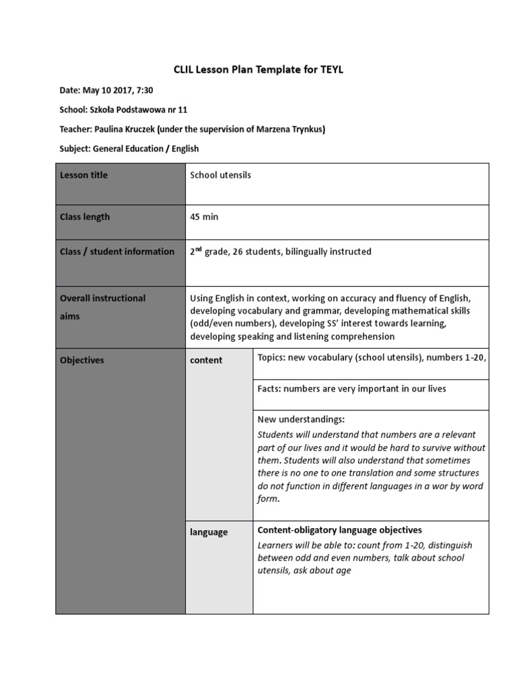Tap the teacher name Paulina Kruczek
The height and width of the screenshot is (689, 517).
point(125,129)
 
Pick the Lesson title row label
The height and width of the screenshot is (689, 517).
point(83,175)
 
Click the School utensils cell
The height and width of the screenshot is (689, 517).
point(220,175)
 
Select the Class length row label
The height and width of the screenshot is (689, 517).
point(85,217)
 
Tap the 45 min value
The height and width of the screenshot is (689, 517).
point(204,217)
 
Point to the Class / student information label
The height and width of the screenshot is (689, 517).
point(117,252)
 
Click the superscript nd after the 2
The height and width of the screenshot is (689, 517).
point(200,249)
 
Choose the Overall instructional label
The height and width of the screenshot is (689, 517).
point(102,298)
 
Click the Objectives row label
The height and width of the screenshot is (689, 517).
point(82,360)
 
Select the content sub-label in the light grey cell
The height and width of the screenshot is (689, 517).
point(206,360)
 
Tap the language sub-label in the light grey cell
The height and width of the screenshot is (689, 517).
point(209,532)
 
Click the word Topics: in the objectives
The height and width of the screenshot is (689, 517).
point(271,357)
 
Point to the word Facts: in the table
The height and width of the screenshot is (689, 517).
point(269,388)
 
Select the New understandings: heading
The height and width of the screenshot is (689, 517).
point(301,419)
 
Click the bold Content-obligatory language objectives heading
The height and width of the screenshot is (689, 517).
point(339,530)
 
